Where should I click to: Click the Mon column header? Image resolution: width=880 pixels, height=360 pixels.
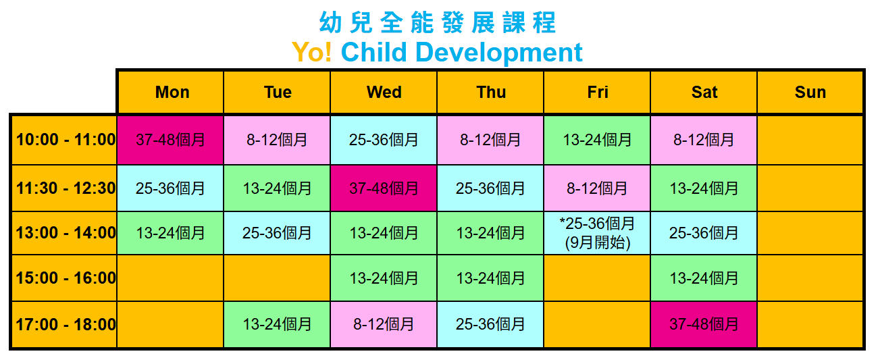click(172, 93)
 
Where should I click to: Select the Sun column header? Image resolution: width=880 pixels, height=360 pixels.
click(810, 93)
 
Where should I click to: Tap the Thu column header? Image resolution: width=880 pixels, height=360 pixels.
click(491, 93)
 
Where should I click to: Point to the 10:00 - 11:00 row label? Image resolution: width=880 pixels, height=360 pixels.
click(66, 140)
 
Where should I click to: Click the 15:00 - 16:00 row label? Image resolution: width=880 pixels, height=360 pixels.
click(66, 278)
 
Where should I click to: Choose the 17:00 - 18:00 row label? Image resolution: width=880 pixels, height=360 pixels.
click(66, 324)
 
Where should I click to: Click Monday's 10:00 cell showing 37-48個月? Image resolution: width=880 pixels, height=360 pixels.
click(170, 140)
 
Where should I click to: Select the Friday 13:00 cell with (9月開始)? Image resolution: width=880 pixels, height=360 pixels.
click(597, 233)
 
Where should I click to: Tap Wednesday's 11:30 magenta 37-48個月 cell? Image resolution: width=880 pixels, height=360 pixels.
click(384, 188)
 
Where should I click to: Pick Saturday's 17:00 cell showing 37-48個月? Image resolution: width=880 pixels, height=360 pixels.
click(704, 324)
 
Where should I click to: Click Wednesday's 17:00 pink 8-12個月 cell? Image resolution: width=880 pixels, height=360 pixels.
click(384, 324)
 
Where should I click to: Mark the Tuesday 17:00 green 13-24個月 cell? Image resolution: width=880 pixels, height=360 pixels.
click(277, 324)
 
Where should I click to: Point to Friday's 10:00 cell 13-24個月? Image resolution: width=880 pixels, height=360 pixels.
click(597, 140)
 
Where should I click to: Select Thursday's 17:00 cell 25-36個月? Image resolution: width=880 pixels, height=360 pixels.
click(490, 324)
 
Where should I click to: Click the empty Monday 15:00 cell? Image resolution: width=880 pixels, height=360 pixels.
click(170, 278)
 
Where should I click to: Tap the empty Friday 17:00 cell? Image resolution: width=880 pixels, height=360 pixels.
click(597, 324)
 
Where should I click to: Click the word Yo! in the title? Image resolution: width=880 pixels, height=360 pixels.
click(312, 52)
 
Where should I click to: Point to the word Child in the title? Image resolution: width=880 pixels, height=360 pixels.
click(373, 52)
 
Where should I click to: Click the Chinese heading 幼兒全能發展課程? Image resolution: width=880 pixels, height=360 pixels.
click(437, 22)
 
